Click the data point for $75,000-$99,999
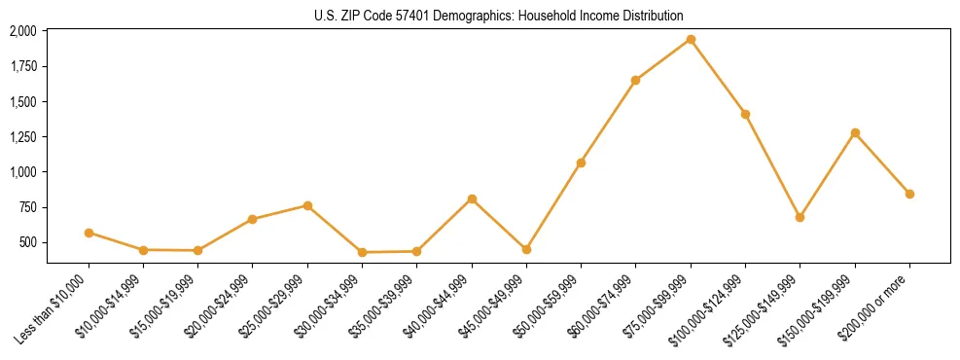(x=691, y=40)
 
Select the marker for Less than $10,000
(x=89, y=233)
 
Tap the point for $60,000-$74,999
(x=635, y=80)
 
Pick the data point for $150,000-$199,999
(x=855, y=132)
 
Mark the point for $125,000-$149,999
(x=800, y=217)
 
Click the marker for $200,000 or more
(x=909, y=194)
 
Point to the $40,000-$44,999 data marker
(x=472, y=198)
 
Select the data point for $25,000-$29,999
(x=307, y=205)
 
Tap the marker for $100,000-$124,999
(x=745, y=114)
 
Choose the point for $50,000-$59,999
(x=581, y=162)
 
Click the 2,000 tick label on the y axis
(x=23, y=31)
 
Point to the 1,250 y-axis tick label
(x=23, y=137)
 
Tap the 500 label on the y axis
(x=28, y=242)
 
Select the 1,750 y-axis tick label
(x=23, y=66)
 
